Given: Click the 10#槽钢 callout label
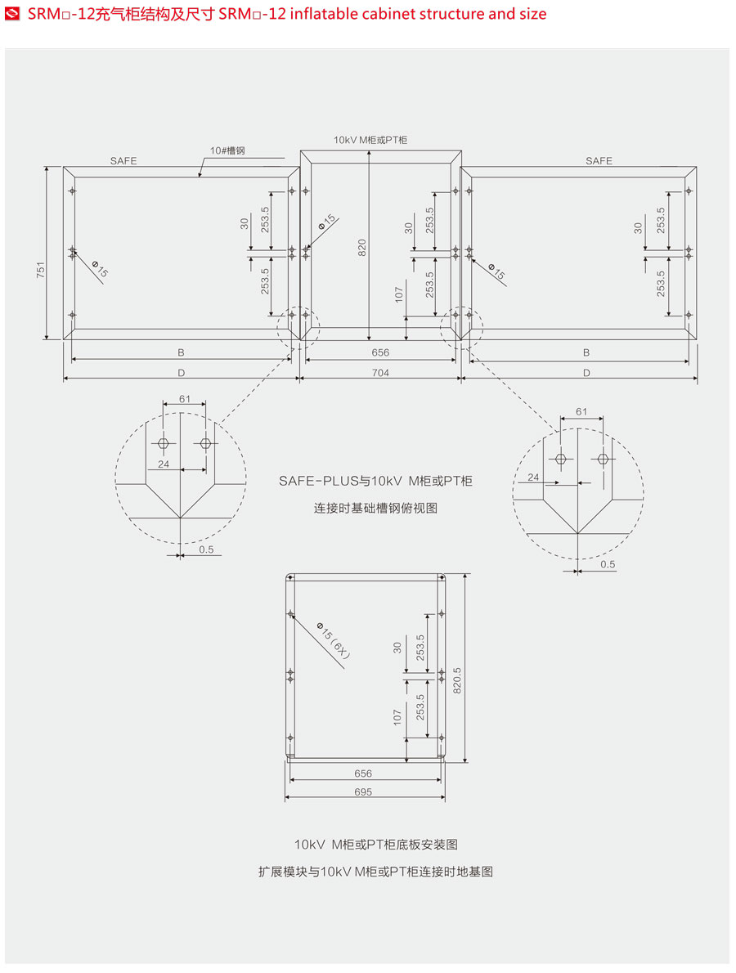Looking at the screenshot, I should click(227, 150).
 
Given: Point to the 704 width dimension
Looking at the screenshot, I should click(380, 373).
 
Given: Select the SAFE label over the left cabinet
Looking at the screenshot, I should click(123, 161).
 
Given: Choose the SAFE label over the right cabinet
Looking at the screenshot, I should click(599, 161).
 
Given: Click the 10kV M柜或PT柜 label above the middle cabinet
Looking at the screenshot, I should click(370, 140).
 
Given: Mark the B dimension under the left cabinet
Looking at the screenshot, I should click(181, 352).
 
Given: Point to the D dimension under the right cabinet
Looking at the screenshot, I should click(586, 373).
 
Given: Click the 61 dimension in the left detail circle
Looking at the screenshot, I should click(184, 398).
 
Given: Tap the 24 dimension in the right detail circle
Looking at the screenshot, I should click(534, 477).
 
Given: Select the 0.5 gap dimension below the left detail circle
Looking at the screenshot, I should click(205, 549).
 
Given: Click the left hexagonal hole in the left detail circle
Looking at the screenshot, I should click(163, 443).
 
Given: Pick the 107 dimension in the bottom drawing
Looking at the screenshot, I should click(397, 716).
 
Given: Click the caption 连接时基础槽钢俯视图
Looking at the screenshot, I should click(376, 508).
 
